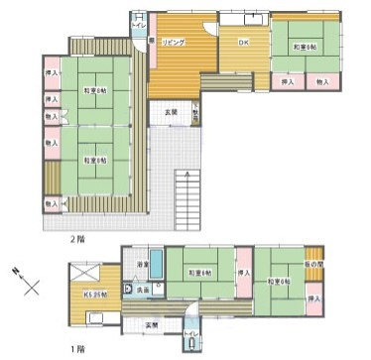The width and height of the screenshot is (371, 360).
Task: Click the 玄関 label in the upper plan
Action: tap(170, 112)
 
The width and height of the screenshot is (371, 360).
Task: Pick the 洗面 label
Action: tap(144, 290)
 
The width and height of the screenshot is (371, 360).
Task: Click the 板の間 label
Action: tap(313, 264)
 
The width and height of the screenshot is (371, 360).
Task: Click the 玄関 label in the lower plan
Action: tap(152, 325)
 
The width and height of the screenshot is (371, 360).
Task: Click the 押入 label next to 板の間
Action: tap(313, 299)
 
